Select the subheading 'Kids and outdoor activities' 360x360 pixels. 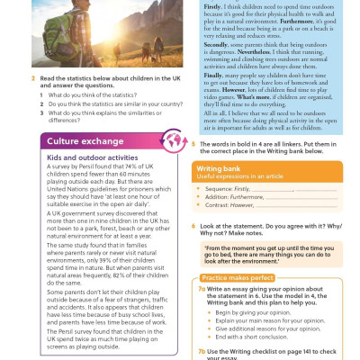pos(85,157)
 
